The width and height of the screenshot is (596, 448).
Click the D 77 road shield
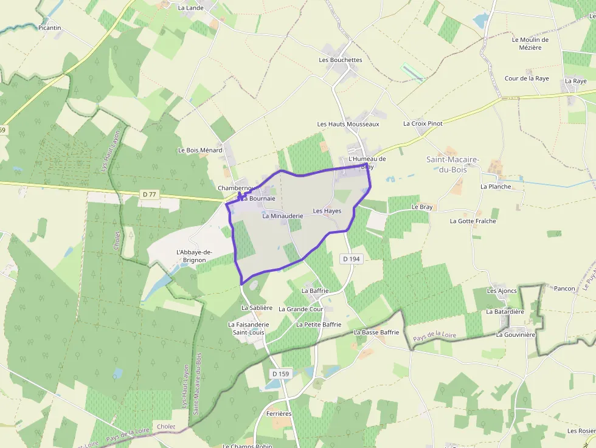click(149, 195)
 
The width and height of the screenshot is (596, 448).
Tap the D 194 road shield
click(352, 259)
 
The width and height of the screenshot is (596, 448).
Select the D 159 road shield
click(280, 374)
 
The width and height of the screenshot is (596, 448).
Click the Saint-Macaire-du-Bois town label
click(453, 164)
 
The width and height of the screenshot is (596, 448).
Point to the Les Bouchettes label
click(340, 60)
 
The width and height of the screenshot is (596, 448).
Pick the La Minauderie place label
click(283, 216)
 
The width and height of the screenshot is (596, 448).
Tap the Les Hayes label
click(327, 211)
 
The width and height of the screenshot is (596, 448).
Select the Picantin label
click(50, 28)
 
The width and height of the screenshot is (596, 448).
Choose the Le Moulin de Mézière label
click(530, 44)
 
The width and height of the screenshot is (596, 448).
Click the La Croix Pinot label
click(423, 123)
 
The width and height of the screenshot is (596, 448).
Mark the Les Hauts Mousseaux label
click(348, 124)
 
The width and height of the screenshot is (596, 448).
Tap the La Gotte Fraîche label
click(473, 221)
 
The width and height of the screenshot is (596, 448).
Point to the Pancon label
click(564, 289)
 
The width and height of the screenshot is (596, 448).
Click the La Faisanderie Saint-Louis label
click(248, 328)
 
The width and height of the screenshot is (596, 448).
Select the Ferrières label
click(279, 414)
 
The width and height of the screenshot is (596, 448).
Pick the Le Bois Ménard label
click(200, 150)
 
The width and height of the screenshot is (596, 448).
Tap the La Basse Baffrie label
click(376, 333)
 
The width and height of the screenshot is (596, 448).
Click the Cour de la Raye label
click(527, 78)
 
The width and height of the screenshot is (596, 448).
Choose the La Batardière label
click(505, 312)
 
